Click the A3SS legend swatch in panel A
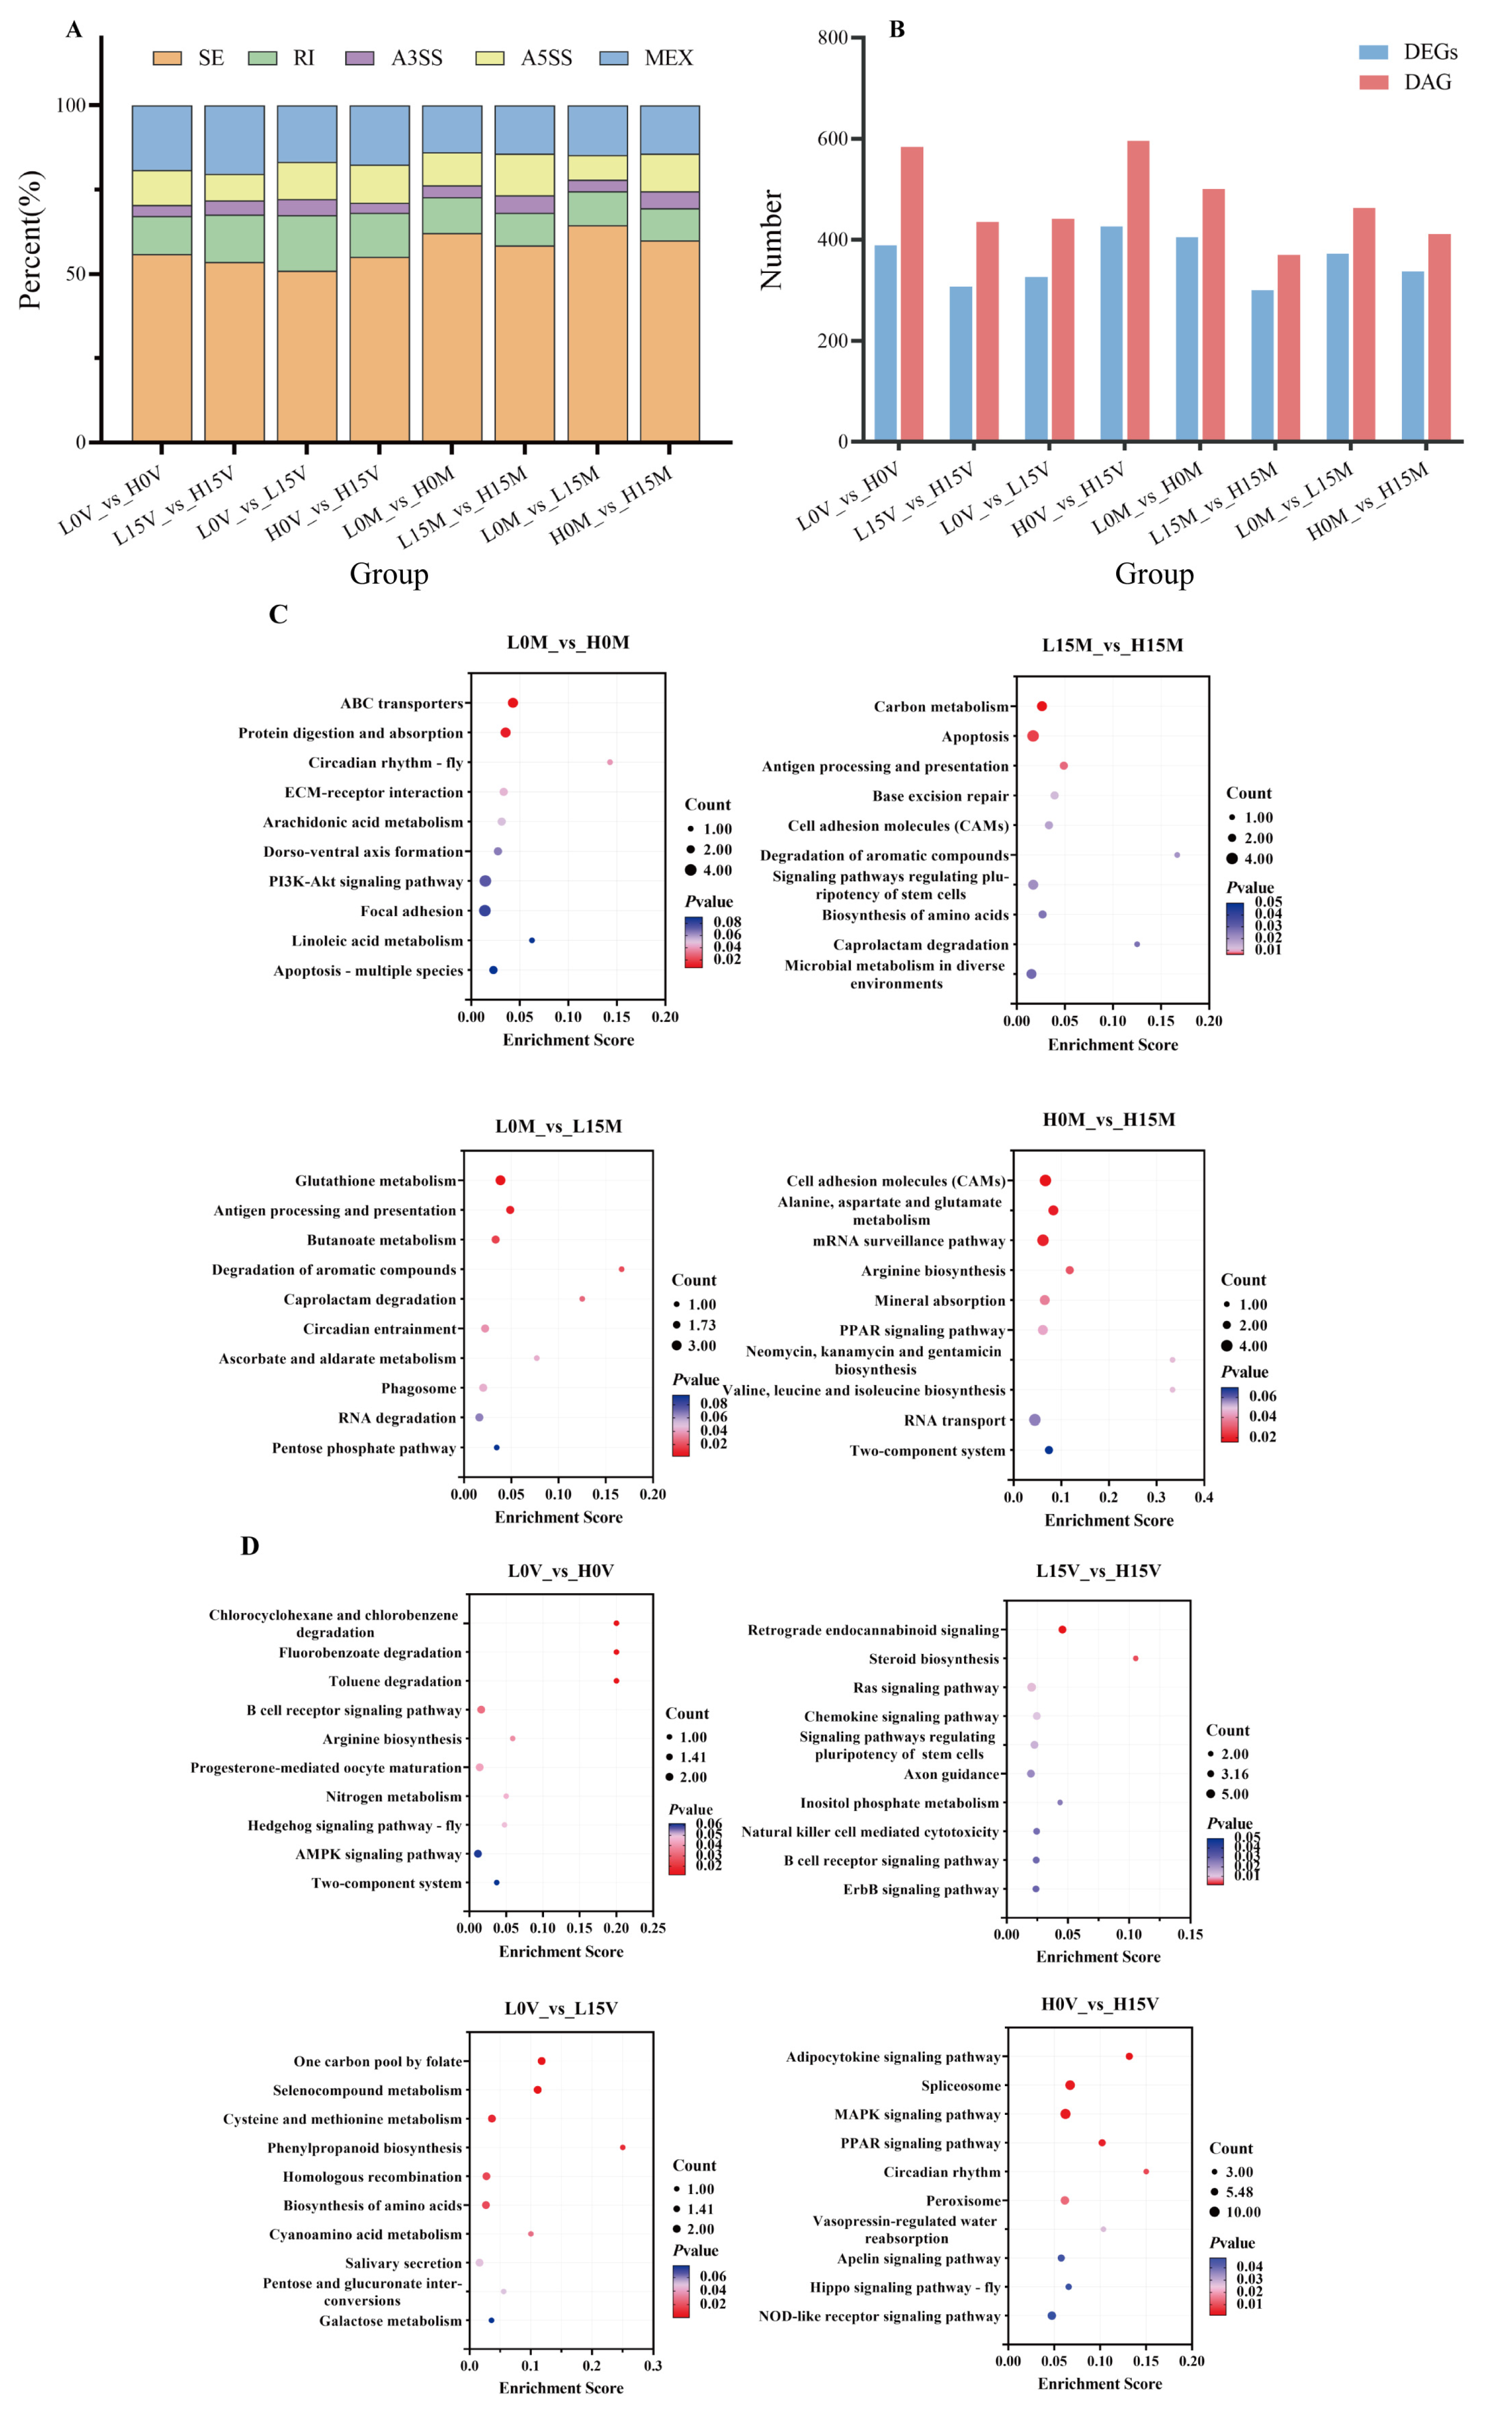click(x=359, y=58)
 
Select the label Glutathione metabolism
click(x=376, y=1181)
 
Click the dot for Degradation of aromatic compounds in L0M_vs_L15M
click(x=621, y=1269)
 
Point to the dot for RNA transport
click(x=1034, y=1419)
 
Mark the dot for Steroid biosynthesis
click(x=1135, y=1659)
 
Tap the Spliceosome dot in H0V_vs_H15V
click(x=1070, y=2085)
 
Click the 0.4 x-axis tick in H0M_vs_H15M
click(x=1203, y=1497)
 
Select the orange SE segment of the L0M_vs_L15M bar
click(x=597, y=333)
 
